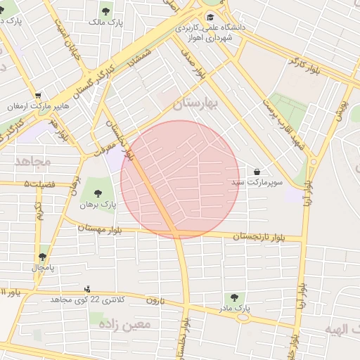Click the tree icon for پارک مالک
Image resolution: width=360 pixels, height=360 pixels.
(105, 11)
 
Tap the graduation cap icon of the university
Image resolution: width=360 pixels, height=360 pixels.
(210, 17)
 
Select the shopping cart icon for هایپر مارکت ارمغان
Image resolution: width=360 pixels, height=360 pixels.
(37, 96)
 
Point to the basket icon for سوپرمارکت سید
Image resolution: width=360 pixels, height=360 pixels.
(257, 172)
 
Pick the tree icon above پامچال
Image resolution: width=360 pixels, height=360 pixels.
(42, 257)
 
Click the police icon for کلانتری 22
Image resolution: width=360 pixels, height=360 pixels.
(88, 288)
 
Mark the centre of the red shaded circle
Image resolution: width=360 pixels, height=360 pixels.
(180, 179)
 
